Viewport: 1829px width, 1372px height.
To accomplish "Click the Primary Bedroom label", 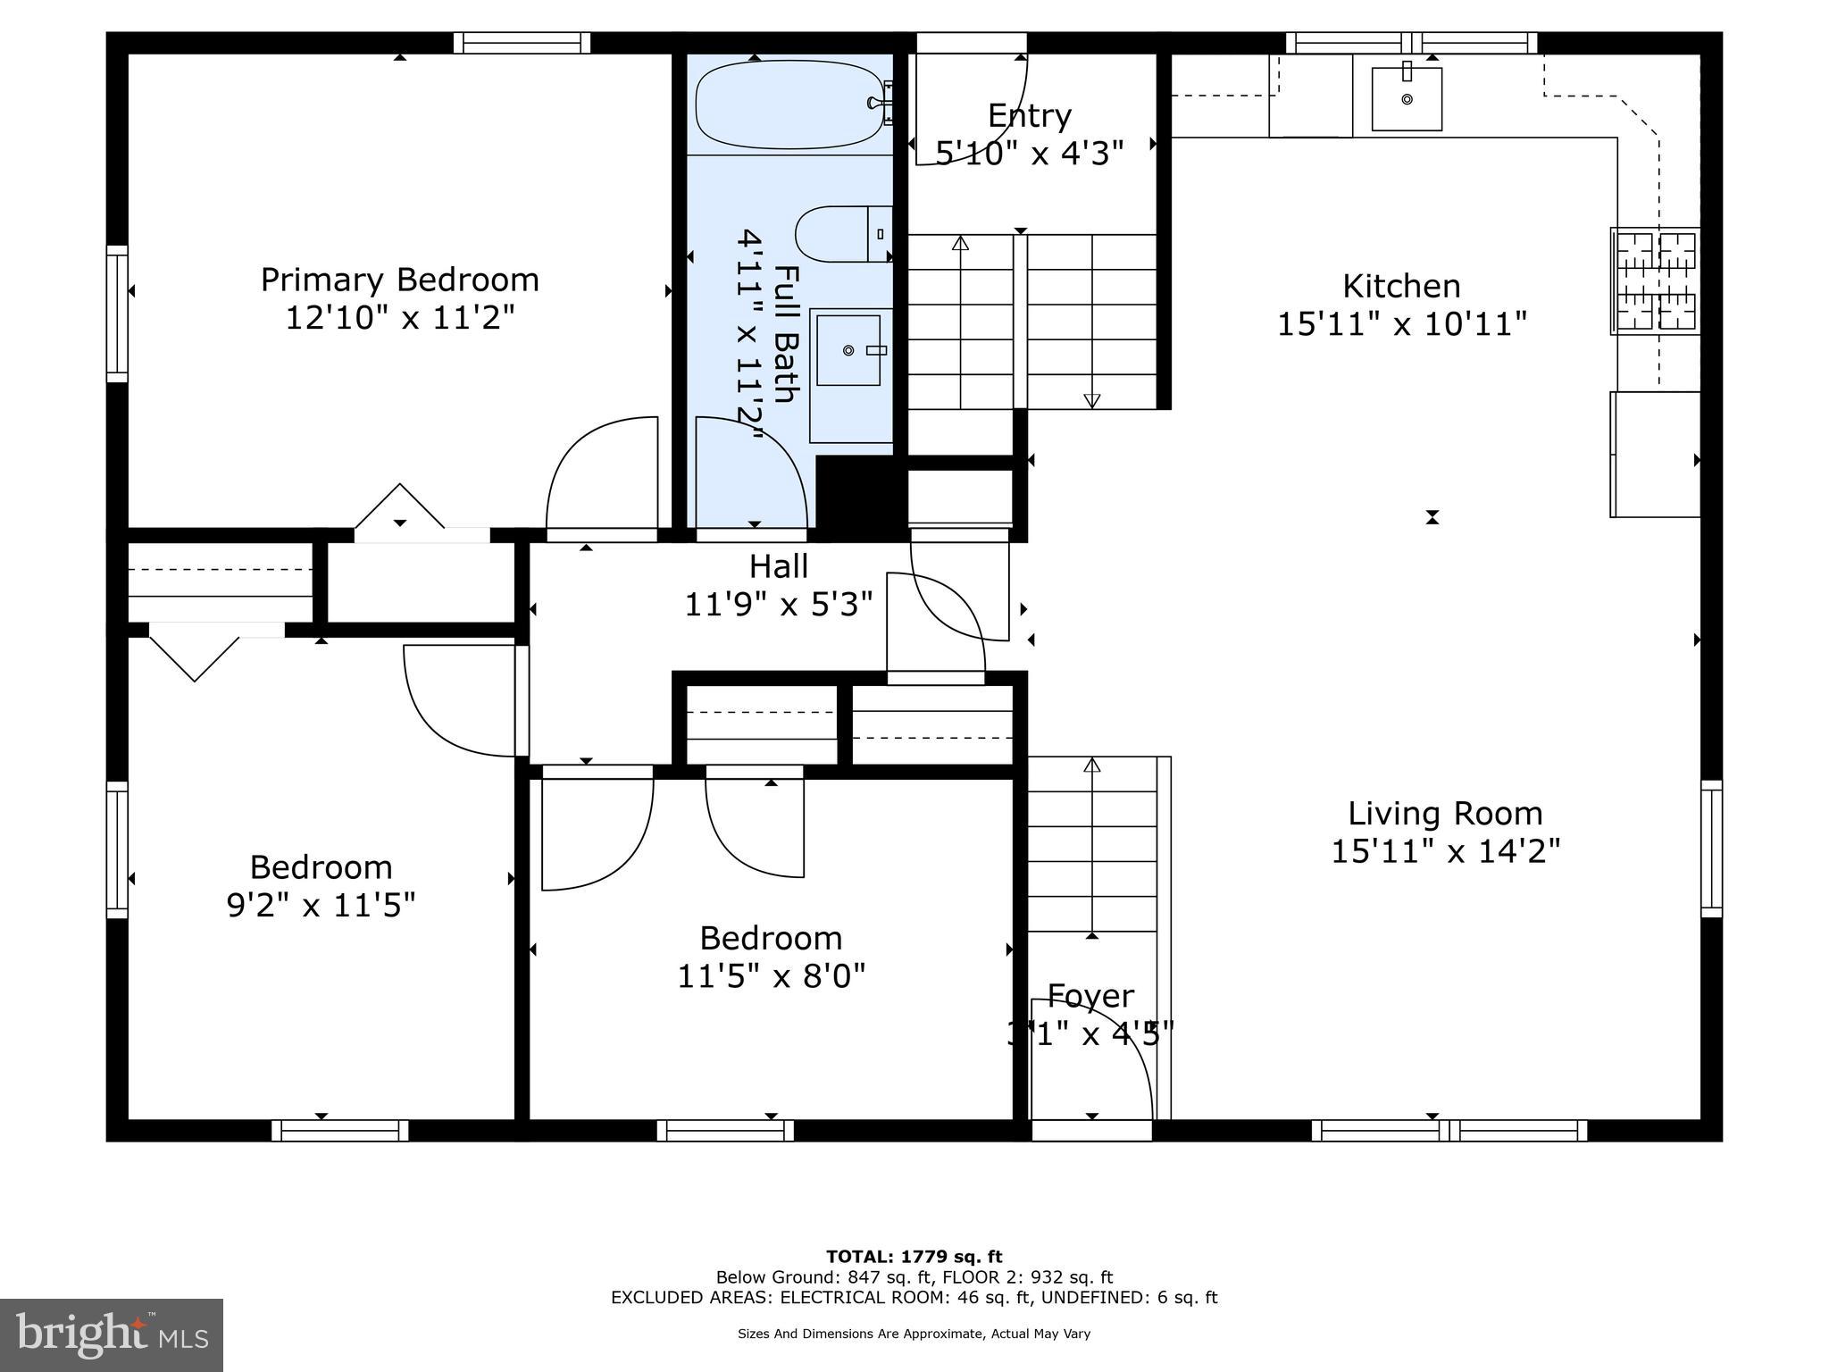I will tap(399, 280).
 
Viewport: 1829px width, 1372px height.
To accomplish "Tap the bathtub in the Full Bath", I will tap(789, 104).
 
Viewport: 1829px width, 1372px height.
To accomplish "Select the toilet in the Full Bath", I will tap(841, 234).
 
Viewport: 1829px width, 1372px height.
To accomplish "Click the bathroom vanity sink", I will tap(848, 350).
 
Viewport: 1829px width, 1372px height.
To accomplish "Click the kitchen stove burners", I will tap(1655, 280).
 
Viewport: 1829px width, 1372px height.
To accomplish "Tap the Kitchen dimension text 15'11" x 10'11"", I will tap(1401, 323).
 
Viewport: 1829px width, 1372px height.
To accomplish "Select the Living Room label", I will tap(1445, 814).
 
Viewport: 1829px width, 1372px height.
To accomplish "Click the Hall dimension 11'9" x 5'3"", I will tap(778, 605).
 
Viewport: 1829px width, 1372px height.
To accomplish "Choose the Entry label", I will tap(1029, 116).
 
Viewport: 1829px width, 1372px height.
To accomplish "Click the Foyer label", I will tap(1090, 996).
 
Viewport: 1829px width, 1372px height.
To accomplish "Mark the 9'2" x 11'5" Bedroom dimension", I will tap(321, 906).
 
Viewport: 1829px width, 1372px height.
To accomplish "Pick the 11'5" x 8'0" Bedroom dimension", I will tap(771, 976).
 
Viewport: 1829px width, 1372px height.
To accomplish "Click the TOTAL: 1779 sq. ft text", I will tap(914, 1257).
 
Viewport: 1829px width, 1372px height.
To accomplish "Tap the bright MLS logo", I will tap(112, 1334).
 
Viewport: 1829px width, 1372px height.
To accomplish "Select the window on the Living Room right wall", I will tap(1711, 849).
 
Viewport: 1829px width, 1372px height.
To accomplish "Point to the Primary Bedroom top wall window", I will tap(522, 43).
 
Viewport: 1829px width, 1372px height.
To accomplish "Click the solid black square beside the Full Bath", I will tap(860, 496).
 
